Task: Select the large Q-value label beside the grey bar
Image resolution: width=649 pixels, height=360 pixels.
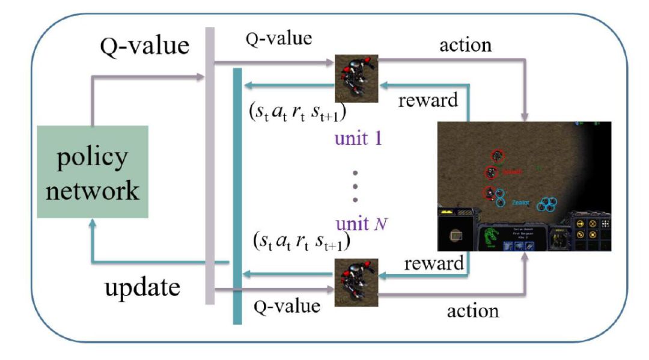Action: (x=144, y=46)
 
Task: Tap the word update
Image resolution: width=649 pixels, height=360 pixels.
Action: (x=143, y=288)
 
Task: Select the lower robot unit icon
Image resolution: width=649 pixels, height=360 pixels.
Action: (x=356, y=279)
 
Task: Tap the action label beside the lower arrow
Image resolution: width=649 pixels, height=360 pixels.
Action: (x=473, y=310)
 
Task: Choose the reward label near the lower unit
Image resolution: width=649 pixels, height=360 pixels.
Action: (x=434, y=263)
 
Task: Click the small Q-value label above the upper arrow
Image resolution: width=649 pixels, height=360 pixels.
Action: (x=279, y=39)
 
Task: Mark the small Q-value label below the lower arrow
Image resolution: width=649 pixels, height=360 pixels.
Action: (x=287, y=306)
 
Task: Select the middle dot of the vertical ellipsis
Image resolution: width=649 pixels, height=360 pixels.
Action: (x=355, y=186)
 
